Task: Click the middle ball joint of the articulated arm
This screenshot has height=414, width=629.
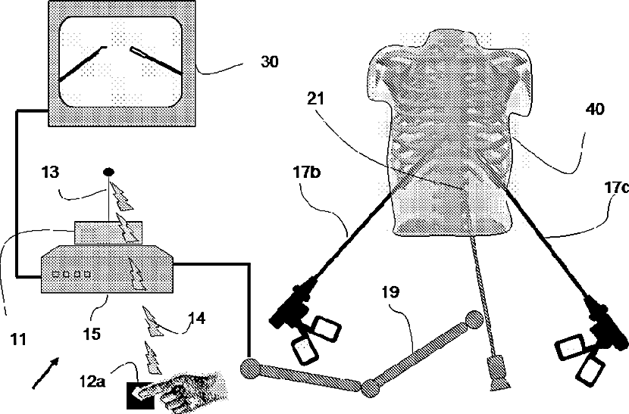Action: click(x=371, y=388)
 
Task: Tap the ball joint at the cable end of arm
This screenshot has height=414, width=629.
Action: click(x=250, y=369)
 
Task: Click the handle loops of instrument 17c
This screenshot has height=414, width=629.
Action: click(x=580, y=358)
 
